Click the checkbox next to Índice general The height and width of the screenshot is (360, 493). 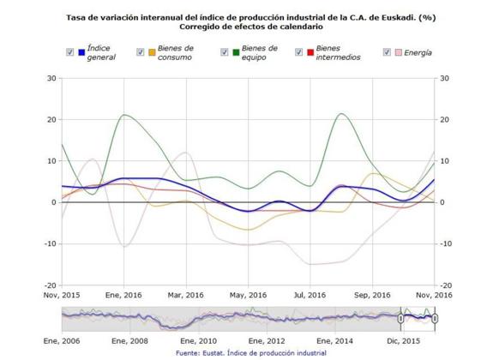70,52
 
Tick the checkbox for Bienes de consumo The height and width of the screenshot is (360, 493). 140,52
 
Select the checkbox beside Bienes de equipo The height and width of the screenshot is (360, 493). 223,52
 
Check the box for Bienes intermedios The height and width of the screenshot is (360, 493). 299,52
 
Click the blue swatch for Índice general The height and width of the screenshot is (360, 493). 81,52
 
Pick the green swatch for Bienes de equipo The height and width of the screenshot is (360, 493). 234,52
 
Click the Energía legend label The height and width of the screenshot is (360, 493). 418,52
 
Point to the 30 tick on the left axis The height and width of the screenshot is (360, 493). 51,78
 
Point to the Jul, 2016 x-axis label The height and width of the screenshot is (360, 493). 304,294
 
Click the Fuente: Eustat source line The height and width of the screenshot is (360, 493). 251,352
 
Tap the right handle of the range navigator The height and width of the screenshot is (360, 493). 435,318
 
